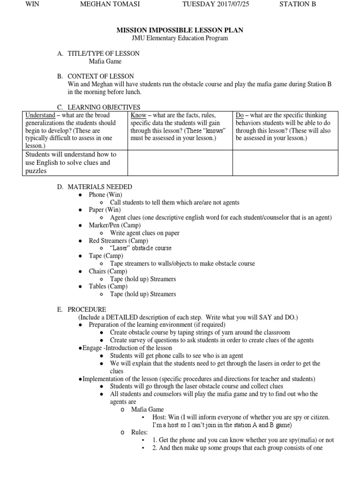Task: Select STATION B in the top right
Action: point(298,4)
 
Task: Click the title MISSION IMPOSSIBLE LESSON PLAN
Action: point(180,30)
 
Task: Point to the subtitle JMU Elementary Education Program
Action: point(180,38)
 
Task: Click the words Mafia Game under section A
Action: point(105,61)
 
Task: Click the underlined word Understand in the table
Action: point(40,115)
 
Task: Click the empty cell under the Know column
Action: point(180,163)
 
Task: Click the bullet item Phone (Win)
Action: point(105,195)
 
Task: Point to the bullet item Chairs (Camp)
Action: point(108,271)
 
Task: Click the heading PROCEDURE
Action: point(87,309)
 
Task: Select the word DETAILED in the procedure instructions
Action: point(136,317)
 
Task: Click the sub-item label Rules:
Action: point(139,432)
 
